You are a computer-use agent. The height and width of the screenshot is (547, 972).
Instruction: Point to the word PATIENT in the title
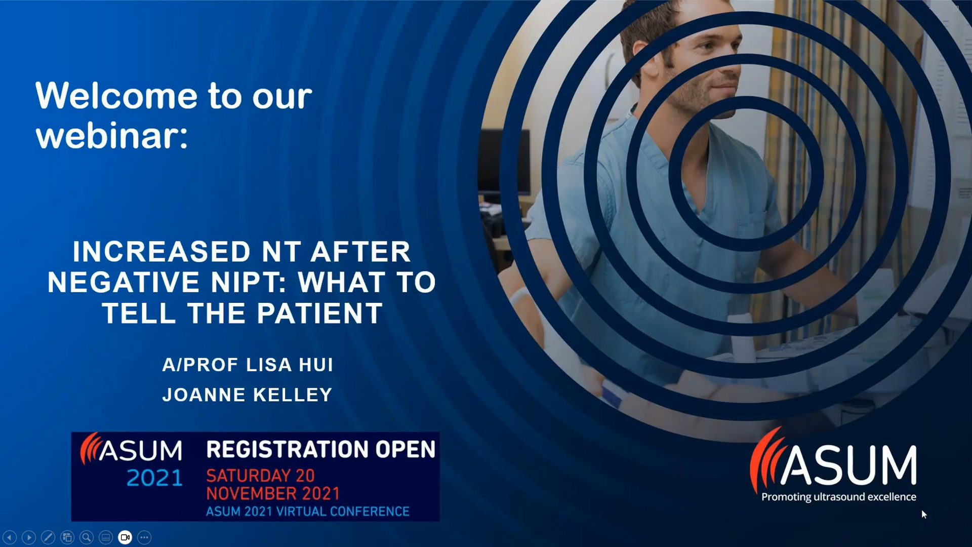click(x=320, y=314)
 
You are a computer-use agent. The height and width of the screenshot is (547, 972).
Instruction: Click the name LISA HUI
click(x=290, y=365)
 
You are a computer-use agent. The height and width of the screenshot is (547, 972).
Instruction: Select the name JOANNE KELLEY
click(x=247, y=395)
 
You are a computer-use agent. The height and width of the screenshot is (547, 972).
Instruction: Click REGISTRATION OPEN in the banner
click(x=321, y=449)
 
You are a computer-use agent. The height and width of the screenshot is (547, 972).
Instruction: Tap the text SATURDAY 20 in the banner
click(x=260, y=476)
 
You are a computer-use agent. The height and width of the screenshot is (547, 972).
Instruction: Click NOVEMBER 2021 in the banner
click(x=273, y=493)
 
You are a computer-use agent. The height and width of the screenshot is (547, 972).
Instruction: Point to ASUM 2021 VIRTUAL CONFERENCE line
click(x=308, y=512)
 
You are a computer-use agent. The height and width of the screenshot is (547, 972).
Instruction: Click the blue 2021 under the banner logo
click(x=154, y=478)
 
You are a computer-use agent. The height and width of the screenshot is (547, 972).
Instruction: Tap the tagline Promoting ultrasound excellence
click(x=839, y=497)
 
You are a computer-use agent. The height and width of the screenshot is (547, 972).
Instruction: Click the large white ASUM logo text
click(x=849, y=465)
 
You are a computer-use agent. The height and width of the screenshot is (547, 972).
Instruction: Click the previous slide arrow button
click(x=10, y=537)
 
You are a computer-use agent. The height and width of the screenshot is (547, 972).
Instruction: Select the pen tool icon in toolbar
click(x=48, y=537)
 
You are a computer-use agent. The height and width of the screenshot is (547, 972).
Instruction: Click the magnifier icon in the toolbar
click(x=87, y=537)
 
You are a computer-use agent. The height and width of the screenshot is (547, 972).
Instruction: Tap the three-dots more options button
click(x=144, y=537)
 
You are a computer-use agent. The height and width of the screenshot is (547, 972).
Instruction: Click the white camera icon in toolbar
click(x=125, y=537)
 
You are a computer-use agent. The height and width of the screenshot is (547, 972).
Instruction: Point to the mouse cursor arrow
click(x=924, y=515)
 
